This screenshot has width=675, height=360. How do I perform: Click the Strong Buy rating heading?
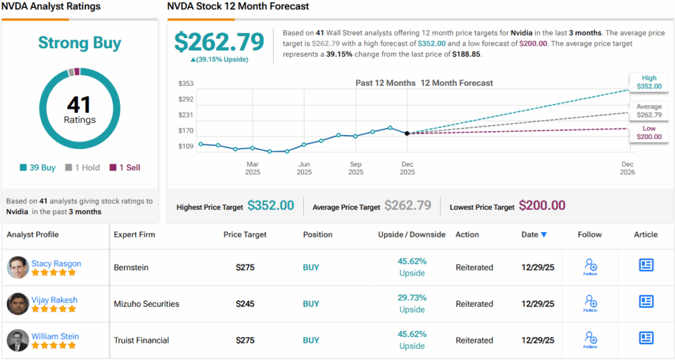(x=80, y=44)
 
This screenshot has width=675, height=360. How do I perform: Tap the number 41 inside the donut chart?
(x=79, y=105)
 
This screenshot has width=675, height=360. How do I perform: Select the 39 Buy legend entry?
(x=38, y=167)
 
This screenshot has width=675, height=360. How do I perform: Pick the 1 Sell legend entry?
(x=125, y=167)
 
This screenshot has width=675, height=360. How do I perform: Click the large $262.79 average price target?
(x=219, y=42)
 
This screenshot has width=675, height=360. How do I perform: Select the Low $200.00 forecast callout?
(x=649, y=133)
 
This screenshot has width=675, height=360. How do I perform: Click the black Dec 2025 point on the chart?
(x=407, y=133)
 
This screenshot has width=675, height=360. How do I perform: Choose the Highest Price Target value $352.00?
(x=270, y=206)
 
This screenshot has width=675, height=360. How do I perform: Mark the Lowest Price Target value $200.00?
(x=542, y=206)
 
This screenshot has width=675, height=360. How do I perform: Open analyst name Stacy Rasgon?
(x=56, y=264)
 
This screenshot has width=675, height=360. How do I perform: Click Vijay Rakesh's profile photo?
(x=18, y=304)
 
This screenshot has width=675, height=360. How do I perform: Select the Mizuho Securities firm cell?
(x=146, y=304)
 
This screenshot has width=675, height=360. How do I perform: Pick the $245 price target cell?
(x=245, y=304)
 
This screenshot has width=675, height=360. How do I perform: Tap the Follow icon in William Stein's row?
(x=590, y=340)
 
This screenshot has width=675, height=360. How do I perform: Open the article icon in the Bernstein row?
(x=646, y=265)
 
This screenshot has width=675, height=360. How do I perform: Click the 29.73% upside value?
(x=411, y=297)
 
